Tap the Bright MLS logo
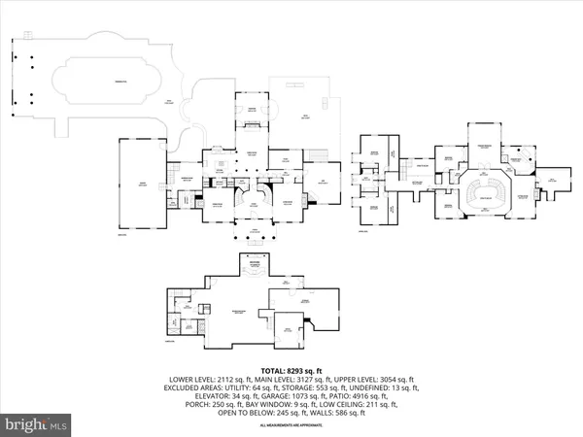click(38, 424)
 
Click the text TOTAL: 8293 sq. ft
click(291, 369)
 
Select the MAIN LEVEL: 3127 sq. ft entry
click(291, 379)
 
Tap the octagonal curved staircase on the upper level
click(486, 188)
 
